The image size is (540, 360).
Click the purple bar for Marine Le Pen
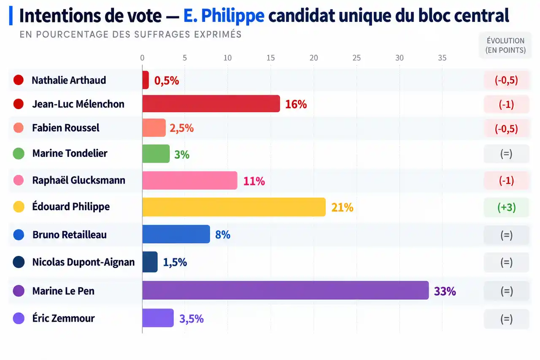click(x=286, y=290)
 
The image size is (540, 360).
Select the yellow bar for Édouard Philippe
click(x=234, y=207)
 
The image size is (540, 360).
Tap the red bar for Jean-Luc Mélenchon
click(x=211, y=104)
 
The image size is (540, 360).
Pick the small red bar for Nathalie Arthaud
click(x=146, y=80)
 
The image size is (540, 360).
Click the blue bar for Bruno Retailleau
click(x=176, y=234)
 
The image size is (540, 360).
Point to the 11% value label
click(x=254, y=181)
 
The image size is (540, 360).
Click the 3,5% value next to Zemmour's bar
click(x=192, y=319)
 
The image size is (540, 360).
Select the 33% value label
click(x=445, y=291)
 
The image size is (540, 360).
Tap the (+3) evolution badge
click(x=506, y=207)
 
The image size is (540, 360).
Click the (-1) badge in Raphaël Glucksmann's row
click(x=506, y=180)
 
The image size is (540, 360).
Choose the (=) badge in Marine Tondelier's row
click(x=506, y=154)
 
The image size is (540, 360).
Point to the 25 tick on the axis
click(x=356, y=58)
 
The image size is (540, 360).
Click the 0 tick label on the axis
click(x=142, y=58)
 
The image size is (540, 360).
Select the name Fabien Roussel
click(x=65, y=128)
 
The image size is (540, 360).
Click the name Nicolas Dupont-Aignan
click(x=84, y=262)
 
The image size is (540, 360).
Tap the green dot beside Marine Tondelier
click(x=19, y=154)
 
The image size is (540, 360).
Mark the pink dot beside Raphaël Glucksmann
click(x=19, y=180)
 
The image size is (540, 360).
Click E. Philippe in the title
click(x=224, y=16)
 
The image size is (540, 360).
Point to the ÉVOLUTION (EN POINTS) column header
click(x=505, y=45)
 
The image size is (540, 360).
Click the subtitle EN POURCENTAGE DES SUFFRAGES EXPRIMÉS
click(x=130, y=35)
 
